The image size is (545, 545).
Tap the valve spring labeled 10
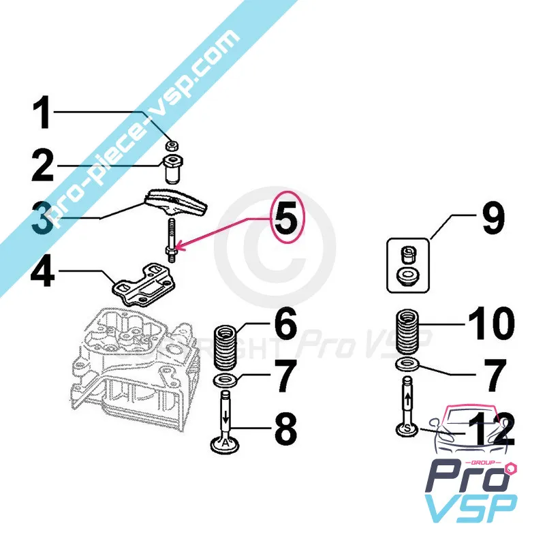click(408, 331)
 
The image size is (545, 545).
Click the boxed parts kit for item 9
click(408, 265)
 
